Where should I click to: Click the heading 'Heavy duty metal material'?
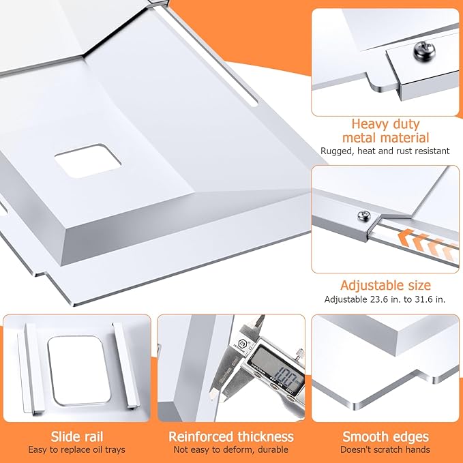(x=385, y=131)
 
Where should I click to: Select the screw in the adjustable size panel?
(x=364, y=216)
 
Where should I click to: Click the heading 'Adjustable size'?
(x=385, y=286)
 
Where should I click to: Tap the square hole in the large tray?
(x=88, y=161)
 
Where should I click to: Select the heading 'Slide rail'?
(x=77, y=436)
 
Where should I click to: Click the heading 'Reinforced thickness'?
(x=231, y=436)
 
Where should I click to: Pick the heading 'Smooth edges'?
(x=385, y=436)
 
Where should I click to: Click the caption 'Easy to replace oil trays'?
(x=77, y=450)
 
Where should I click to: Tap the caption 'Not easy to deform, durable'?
(x=231, y=450)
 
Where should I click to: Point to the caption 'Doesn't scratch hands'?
(x=385, y=450)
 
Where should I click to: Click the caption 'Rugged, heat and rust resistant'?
(x=385, y=151)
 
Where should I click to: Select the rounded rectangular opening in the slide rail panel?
(x=79, y=370)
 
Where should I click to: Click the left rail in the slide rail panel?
(x=30, y=368)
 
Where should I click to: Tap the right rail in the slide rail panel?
(x=125, y=365)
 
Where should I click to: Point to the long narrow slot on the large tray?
(x=209, y=58)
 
